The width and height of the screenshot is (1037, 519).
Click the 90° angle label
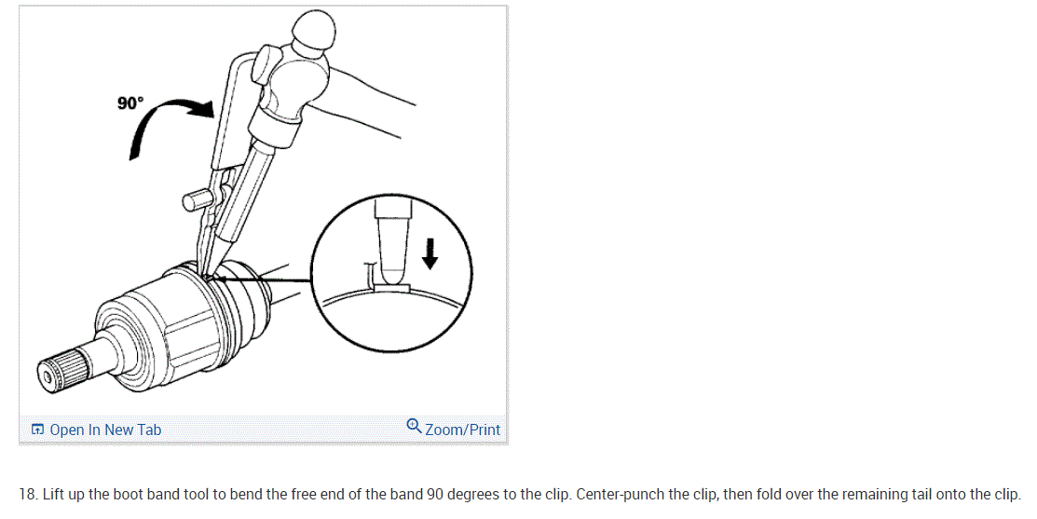130,103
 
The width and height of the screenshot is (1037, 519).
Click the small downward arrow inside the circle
430,253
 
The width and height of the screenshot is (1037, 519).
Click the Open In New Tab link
105,430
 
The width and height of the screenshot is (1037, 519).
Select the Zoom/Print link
462,430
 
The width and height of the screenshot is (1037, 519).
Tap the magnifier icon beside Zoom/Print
414,425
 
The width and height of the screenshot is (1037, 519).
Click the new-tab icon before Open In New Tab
37,430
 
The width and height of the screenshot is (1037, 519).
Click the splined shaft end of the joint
62,372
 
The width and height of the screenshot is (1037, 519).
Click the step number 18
27,495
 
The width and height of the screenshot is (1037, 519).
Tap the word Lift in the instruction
53,495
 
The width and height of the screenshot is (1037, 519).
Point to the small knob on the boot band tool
193,199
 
